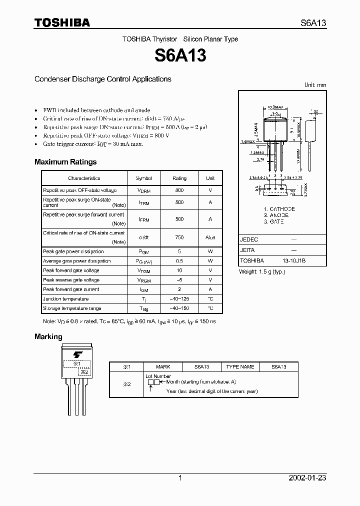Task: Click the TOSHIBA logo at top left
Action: coord(62,22)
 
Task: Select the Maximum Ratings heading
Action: coord(65,162)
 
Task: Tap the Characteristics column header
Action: coord(84,178)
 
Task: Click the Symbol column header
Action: coord(144,178)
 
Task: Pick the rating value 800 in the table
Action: coord(179,190)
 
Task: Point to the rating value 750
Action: coord(179,237)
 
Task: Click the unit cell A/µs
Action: coord(210,237)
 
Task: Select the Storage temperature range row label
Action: coord(72,308)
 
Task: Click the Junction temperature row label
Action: coord(66,299)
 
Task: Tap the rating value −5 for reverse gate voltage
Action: coord(179,280)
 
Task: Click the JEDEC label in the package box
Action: coord(249,239)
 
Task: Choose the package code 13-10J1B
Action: coord(294,260)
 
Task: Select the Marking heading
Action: coord(48,336)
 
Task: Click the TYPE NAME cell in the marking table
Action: coord(240,366)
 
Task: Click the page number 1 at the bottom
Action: coord(180,478)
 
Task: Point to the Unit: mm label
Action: coord(315,85)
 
